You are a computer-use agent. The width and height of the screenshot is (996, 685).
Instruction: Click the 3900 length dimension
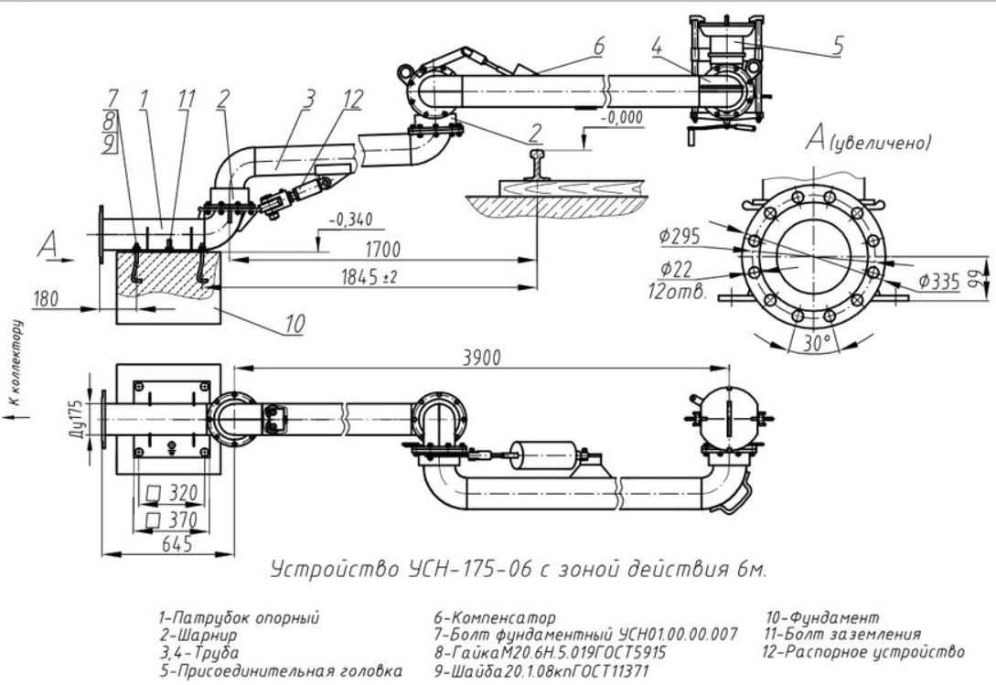481,357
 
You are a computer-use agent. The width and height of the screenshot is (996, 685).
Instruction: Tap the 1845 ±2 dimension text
369,276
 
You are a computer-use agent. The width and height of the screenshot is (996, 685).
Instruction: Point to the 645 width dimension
177,544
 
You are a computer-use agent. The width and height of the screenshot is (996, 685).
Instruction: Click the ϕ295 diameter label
680,236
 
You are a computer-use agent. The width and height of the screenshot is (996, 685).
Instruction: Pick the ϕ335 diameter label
939,281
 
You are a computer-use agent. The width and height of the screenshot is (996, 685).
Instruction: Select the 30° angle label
817,343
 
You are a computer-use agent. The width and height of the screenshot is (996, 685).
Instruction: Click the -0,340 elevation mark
350,220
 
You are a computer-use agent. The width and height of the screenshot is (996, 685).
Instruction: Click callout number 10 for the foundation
295,324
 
